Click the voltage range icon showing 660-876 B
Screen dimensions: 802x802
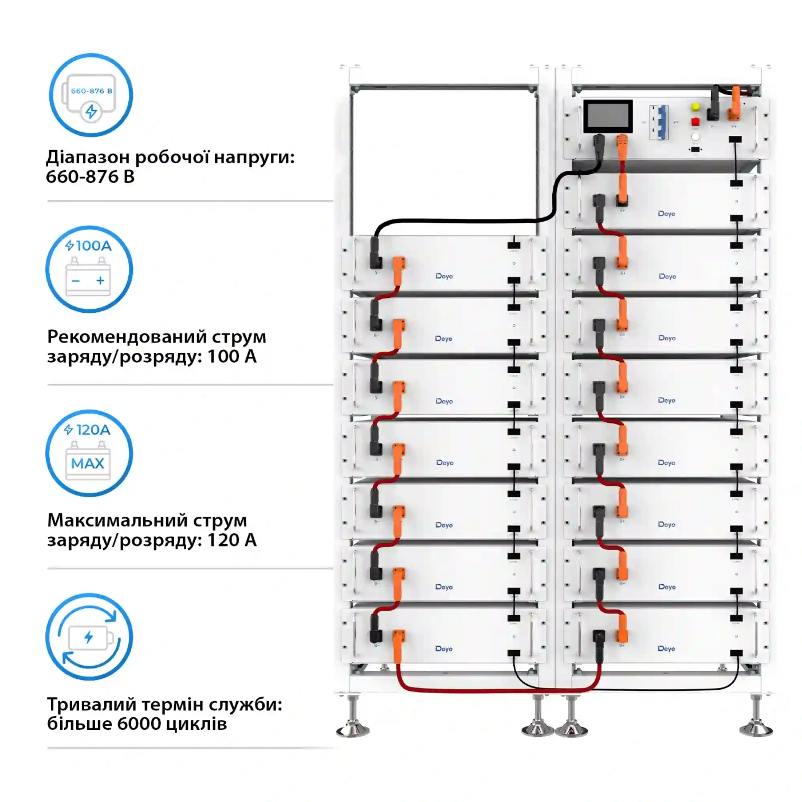tap(91, 95)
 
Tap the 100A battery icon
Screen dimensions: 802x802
tap(89, 269)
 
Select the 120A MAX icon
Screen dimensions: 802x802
tap(89, 453)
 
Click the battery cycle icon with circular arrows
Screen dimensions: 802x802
tap(89, 636)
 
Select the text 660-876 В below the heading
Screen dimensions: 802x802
tap(90, 176)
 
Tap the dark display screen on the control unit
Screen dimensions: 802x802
tap(608, 116)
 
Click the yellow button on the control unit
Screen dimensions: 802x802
tap(695, 107)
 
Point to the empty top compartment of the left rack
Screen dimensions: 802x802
tap(444, 160)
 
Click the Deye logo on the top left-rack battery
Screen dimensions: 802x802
tap(444, 276)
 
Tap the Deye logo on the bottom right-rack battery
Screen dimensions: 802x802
tap(666, 648)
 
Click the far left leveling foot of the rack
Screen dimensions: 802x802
tap(353, 719)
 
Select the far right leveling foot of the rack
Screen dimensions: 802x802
tap(756, 719)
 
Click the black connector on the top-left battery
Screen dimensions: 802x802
tap(376, 254)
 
